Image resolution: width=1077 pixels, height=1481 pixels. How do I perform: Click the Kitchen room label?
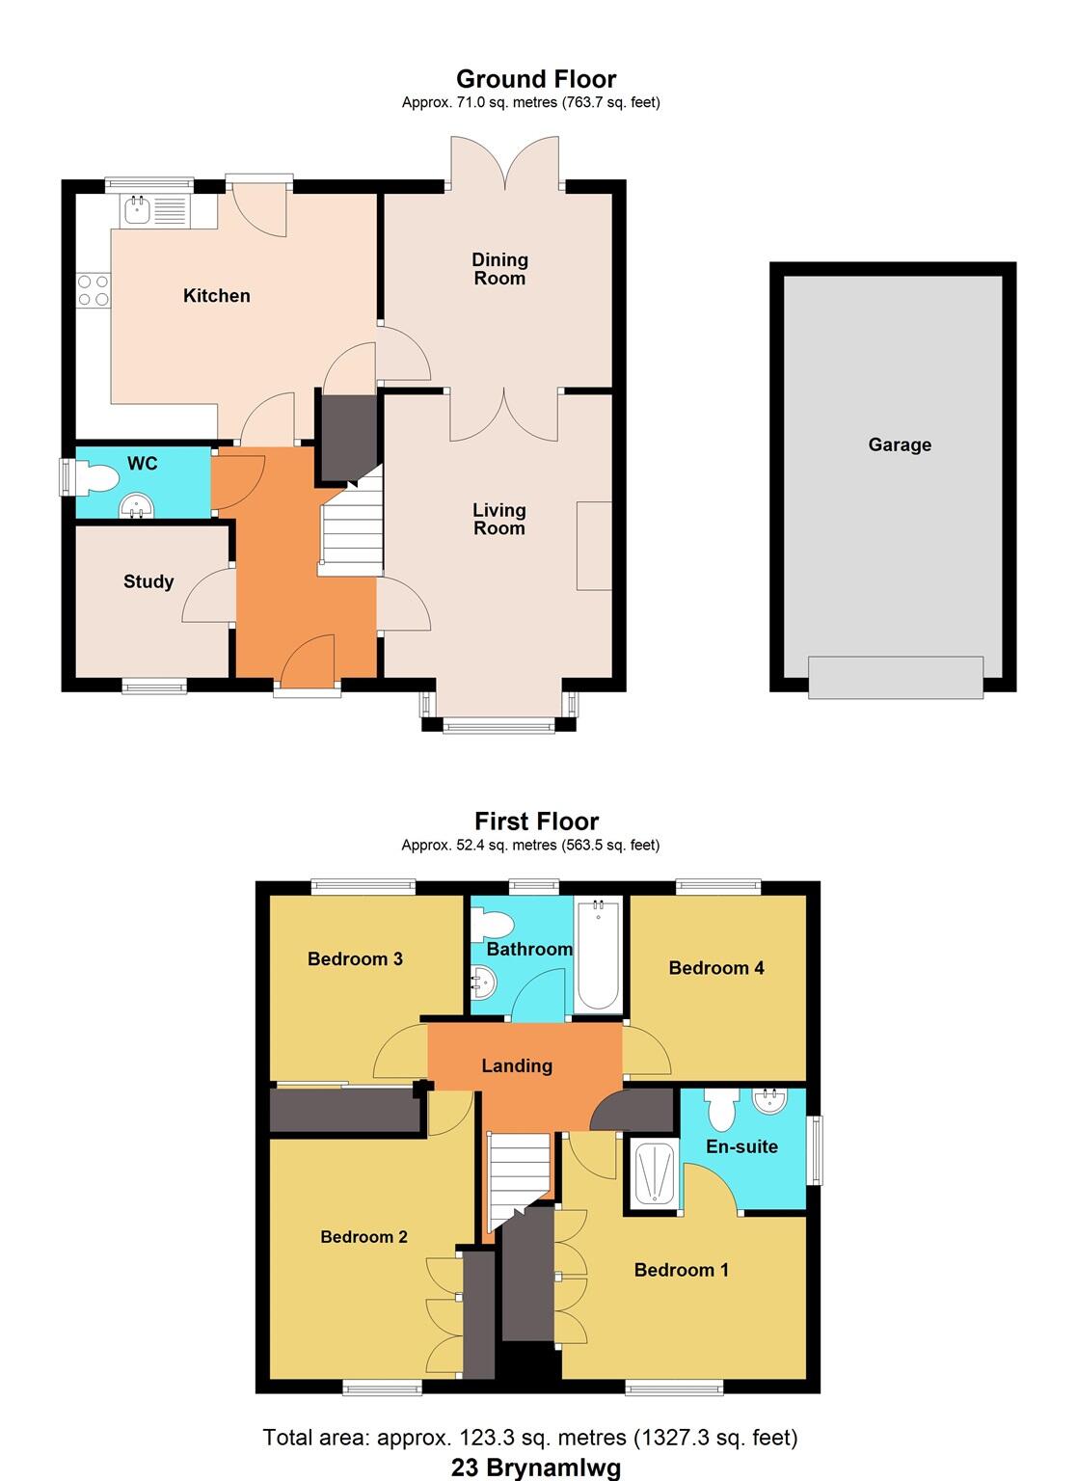coord(216,296)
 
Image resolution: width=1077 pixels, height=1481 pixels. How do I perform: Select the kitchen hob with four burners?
coord(93,290)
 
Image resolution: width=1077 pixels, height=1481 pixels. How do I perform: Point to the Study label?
coord(148,581)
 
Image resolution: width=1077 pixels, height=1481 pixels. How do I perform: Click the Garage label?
coord(900,444)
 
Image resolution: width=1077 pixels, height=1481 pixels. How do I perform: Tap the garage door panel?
coord(895,676)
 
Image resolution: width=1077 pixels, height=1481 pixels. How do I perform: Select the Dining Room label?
coord(499,269)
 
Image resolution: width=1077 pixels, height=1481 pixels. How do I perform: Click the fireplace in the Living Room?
coord(594,545)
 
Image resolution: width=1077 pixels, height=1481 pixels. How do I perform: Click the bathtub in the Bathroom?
coord(598,955)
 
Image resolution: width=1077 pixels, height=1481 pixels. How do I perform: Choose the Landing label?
coord(517,1065)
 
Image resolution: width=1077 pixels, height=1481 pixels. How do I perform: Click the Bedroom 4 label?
coord(716,967)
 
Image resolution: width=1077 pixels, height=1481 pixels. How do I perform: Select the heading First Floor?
coord(536,821)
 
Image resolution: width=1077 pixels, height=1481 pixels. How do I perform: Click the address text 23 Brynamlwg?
coord(536,1468)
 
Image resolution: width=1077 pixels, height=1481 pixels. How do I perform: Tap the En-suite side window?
coord(817,1149)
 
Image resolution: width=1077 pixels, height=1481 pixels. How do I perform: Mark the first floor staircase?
coord(519,1178)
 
